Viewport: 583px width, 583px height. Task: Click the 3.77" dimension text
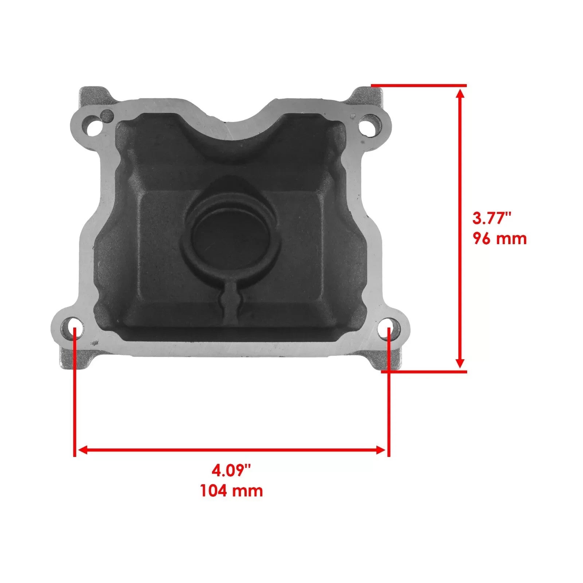[492, 219]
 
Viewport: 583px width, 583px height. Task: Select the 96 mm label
[500, 239]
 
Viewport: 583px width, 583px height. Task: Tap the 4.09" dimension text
[231, 470]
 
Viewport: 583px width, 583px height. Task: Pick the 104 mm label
[231, 491]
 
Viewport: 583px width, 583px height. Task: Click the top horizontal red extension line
[419, 86]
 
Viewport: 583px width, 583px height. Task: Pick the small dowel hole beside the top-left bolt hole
[107, 117]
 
